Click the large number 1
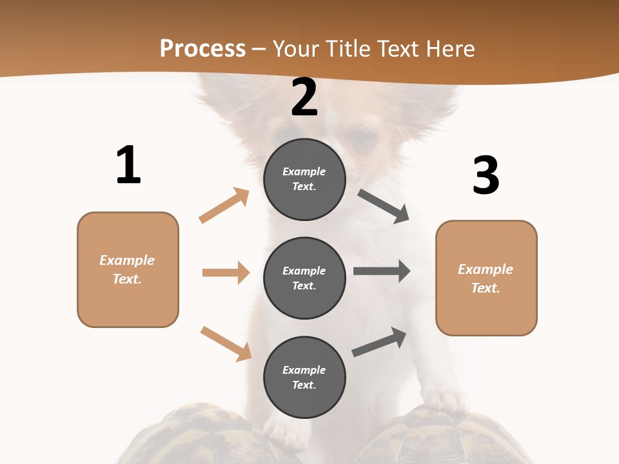(128, 166)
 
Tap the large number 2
(304, 98)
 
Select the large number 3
(486, 176)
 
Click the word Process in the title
(202, 48)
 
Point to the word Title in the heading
(349, 48)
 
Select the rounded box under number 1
(128, 269)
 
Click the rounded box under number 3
(486, 278)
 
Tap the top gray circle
(304, 179)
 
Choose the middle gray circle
(304, 278)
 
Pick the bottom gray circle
(304, 377)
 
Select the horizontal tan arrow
(226, 273)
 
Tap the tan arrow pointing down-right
(226, 343)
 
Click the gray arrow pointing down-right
(384, 206)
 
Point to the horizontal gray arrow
(382, 271)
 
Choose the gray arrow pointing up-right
(379, 342)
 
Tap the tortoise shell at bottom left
(193, 435)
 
